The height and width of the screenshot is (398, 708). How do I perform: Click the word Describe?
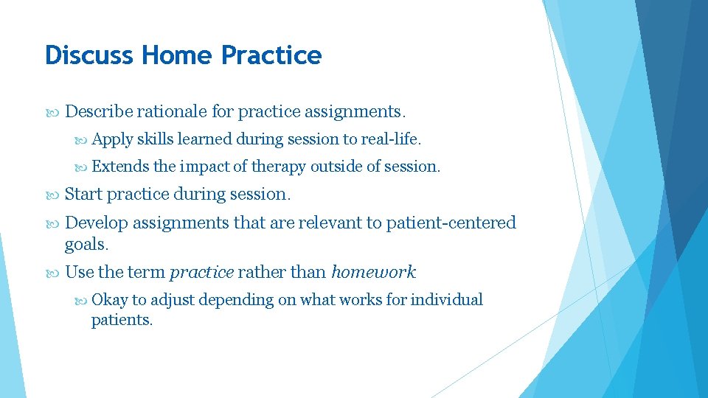click(99, 112)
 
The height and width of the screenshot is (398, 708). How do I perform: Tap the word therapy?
click(278, 167)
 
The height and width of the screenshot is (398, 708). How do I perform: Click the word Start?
click(84, 195)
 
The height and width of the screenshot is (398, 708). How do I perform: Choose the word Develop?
click(97, 223)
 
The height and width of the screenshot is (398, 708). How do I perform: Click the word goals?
click(86, 243)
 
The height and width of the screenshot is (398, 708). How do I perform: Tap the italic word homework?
click(373, 273)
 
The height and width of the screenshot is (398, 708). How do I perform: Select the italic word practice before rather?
click(201, 273)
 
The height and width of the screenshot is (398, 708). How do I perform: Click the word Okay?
click(109, 300)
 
